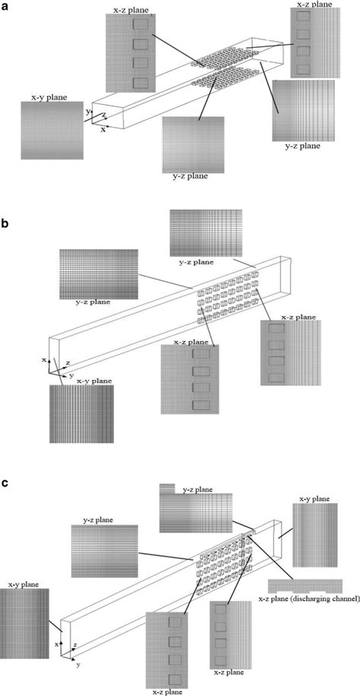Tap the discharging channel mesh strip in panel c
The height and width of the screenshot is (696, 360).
305,586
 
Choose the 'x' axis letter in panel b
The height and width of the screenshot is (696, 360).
46,359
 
